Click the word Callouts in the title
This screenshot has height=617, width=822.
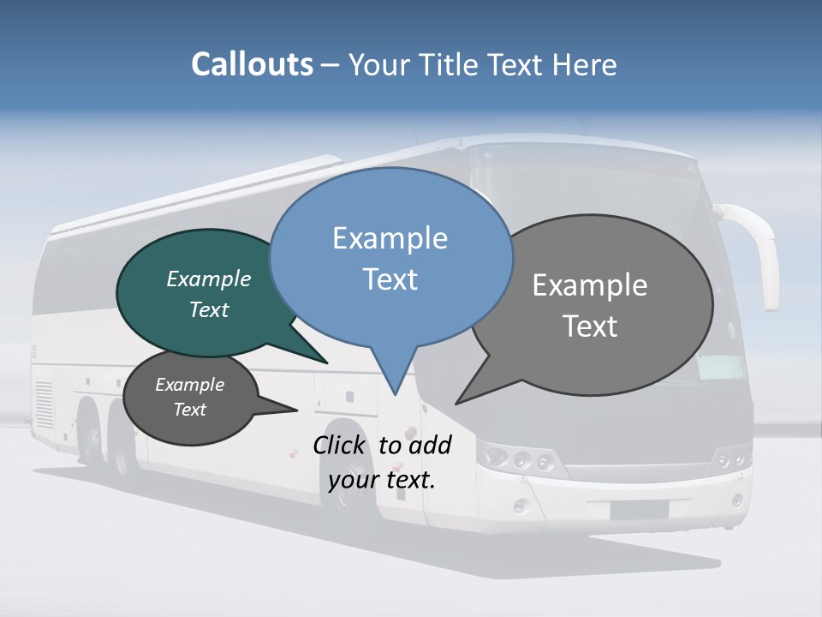(x=252, y=64)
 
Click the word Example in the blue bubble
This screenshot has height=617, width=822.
(x=390, y=238)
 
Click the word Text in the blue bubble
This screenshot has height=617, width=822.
(x=390, y=279)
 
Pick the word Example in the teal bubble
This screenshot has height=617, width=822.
(x=208, y=279)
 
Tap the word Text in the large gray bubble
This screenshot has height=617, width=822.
(x=590, y=326)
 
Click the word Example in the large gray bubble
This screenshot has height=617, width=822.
(x=590, y=285)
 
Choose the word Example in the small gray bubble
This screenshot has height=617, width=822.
(x=189, y=385)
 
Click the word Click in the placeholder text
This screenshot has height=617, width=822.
(x=339, y=446)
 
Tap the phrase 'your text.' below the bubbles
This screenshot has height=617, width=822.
(x=382, y=480)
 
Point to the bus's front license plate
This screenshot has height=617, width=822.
(x=640, y=510)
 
